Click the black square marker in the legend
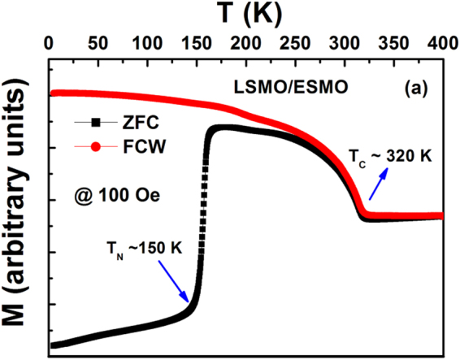(97, 124)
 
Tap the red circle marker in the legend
(97, 147)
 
